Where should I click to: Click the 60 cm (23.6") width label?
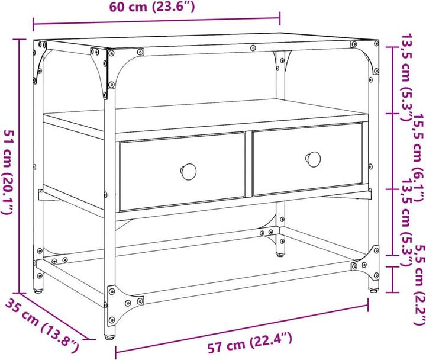pyautogui.click(x=152, y=8)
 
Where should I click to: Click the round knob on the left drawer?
pyautogui.click(x=189, y=171)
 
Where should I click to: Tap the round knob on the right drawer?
pyautogui.click(x=313, y=159)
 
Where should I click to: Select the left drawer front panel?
pyautogui.click(x=182, y=172)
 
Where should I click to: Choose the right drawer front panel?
pyautogui.click(x=307, y=159)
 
